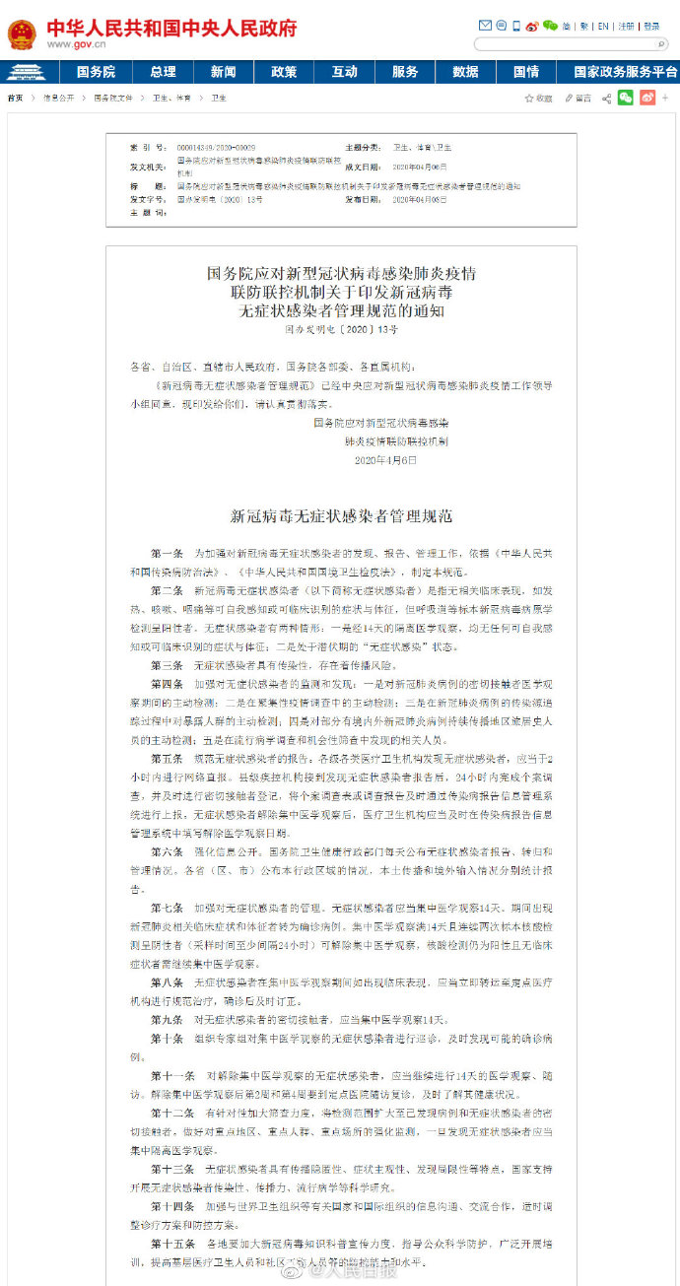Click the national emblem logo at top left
click(x=21, y=34)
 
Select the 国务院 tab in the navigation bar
click(x=96, y=72)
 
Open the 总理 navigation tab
click(x=163, y=72)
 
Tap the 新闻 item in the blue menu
click(x=224, y=72)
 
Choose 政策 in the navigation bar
click(x=284, y=72)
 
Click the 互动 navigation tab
click(x=344, y=72)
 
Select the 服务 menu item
click(x=405, y=72)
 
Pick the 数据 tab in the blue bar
click(x=465, y=72)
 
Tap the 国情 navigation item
click(x=526, y=72)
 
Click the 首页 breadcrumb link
click(x=15, y=99)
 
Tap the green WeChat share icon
click(x=626, y=98)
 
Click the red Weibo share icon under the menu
click(x=646, y=98)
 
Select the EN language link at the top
click(x=603, y=27)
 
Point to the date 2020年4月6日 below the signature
click(x=385, y=459)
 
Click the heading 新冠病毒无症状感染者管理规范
click(x=341, y=515)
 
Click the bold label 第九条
click(x=166, y=1020)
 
